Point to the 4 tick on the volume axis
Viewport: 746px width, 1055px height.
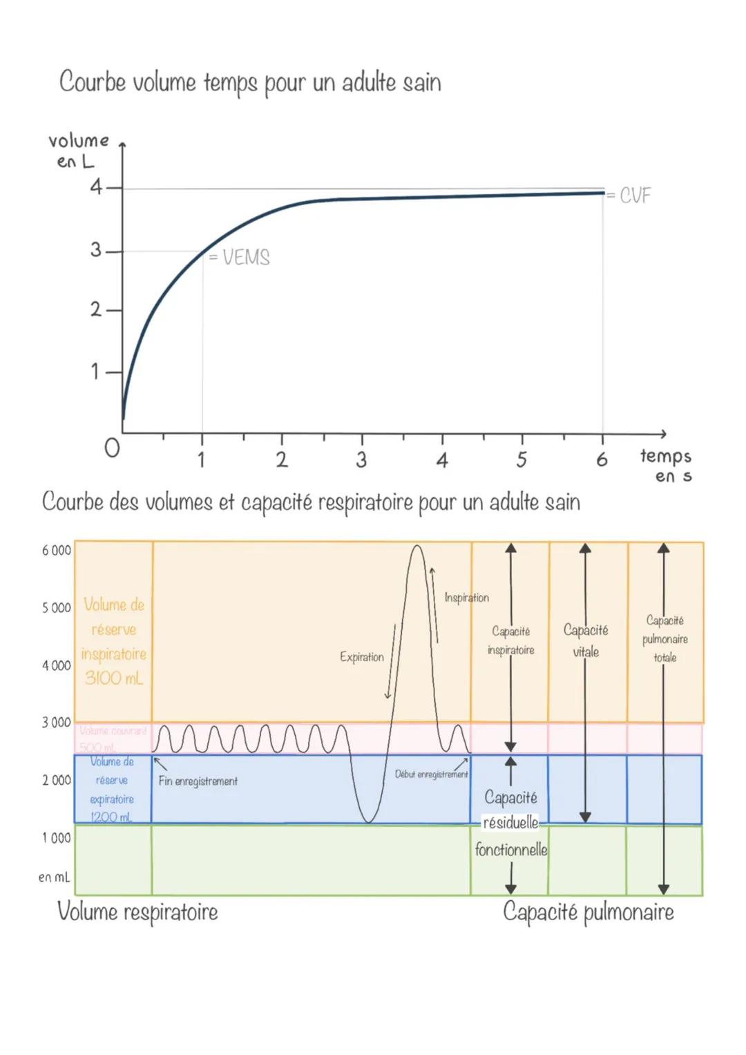(96, 187)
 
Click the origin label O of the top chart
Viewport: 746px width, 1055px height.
(112, 448)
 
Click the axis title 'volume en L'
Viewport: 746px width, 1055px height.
(78, 151)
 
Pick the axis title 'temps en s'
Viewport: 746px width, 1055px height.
(666, 465)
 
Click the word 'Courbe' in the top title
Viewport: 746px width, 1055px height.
(92, 82)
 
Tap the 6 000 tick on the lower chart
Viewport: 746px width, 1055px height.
(57, 551)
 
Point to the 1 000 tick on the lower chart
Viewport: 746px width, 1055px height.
(57, 838)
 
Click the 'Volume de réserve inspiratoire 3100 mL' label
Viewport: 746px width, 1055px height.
(114, 641)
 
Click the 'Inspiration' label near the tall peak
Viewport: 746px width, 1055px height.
(466, 598)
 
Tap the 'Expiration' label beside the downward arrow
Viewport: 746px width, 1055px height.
(361, 657)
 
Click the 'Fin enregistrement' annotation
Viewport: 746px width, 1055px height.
(198, 781)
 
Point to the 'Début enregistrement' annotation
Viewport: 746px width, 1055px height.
(431, 774)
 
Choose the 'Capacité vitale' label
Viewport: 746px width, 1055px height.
(586, 640)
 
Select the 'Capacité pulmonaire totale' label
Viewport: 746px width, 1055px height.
(665, 639)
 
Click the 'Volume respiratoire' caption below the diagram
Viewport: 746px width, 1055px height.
(137, 912)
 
